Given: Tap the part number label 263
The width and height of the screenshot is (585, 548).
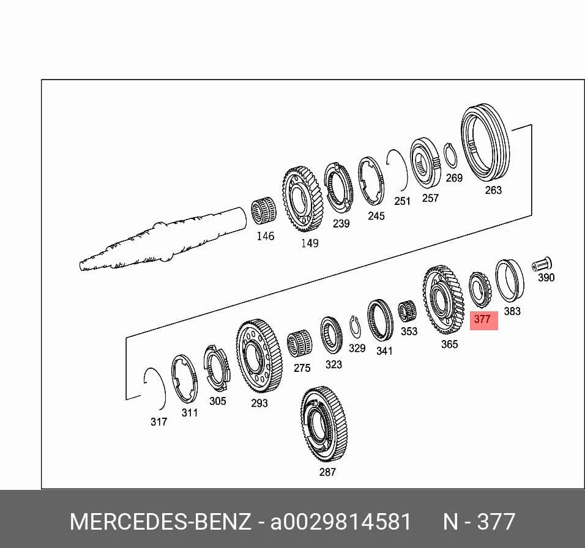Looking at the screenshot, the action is click(x=493, y=190).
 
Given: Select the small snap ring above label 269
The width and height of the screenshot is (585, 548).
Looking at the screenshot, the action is click(x=450, y=155).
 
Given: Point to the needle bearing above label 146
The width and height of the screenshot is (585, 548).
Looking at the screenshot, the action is click(x=263, y=212).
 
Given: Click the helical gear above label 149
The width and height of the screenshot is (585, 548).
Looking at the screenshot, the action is click(x=302, y=200).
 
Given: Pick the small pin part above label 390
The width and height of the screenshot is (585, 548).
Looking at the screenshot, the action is click(x=542, y=264).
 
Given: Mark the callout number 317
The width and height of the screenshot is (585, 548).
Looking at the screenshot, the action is click(x=158, y=421).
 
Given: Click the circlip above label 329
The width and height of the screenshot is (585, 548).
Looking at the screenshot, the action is click(x=354, y=325).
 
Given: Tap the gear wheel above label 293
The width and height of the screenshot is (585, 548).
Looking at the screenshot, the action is click(x=259, y=355).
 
